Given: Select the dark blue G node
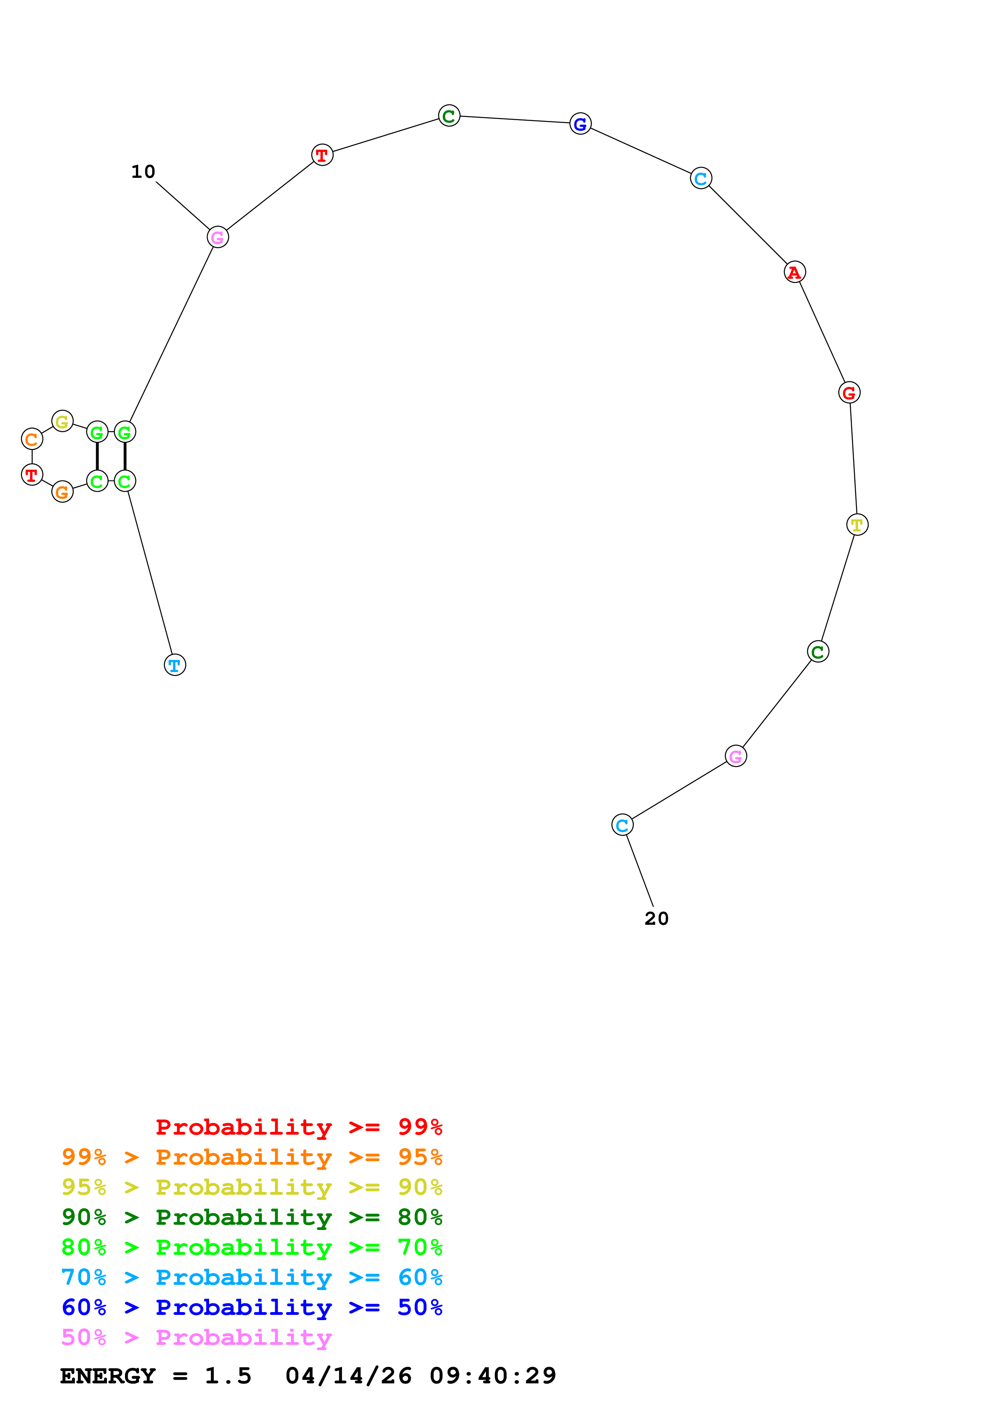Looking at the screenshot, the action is pos(580,124).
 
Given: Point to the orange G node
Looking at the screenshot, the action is pos(62,491).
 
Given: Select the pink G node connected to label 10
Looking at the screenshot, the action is pos(218,238).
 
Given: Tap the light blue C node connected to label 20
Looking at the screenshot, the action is pos(622,825).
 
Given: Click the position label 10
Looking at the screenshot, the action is pos(143,172).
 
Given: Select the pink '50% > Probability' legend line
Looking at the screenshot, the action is pos(196,1338).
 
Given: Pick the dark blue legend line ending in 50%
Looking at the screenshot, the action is pos(252,1308).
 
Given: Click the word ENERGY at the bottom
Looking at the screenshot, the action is pos(108,1376).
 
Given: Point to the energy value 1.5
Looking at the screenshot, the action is pos(228,1376).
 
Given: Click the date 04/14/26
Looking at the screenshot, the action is pos(348,1376).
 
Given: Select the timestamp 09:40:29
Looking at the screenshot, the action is pos(493,1376).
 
